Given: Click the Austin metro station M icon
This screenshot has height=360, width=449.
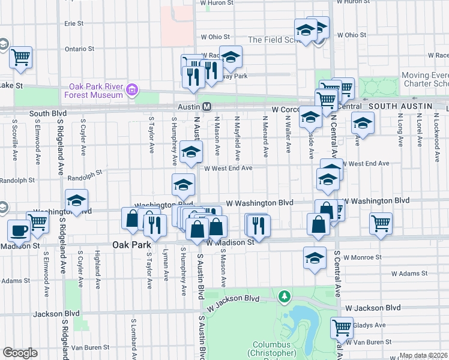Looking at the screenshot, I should click(206, 106).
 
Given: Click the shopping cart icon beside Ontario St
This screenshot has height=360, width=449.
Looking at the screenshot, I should click(20, 57).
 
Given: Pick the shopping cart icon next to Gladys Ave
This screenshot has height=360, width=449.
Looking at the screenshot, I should click(342, 327).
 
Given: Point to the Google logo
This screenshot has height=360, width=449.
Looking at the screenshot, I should click(20, 353).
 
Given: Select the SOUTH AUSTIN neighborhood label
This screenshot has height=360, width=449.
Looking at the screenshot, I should click(400, 106).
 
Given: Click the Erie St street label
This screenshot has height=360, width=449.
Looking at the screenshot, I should click(74, 23).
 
